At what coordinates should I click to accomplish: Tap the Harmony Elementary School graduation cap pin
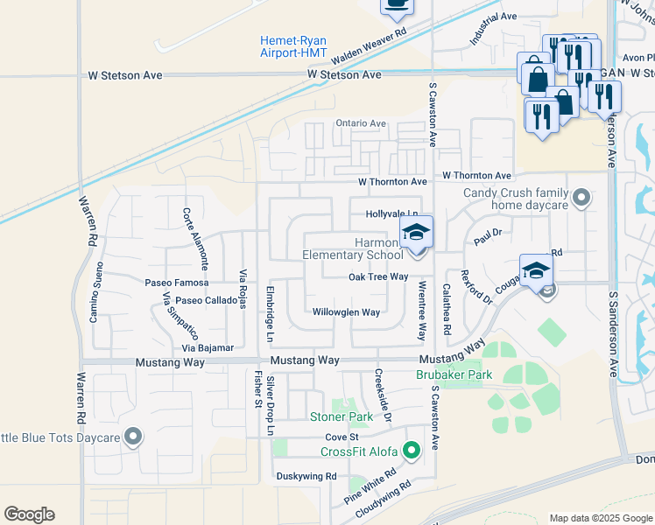point(417,233)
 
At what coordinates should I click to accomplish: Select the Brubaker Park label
point(454,374)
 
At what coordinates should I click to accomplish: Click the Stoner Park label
point(342,417)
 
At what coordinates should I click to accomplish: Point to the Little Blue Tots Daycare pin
point(133,437)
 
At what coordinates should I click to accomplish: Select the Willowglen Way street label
point(347,312)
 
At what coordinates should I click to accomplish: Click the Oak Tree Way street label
point(378,276)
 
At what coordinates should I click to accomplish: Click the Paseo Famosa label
point(177,283)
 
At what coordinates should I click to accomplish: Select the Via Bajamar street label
point(208,348)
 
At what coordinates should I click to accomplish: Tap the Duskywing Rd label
point(306,477)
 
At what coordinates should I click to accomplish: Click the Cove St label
point(342,437)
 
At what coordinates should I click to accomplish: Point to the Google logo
point(29,514)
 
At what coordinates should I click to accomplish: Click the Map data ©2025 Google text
point(601,518)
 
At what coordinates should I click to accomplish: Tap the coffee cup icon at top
point(397,5)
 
